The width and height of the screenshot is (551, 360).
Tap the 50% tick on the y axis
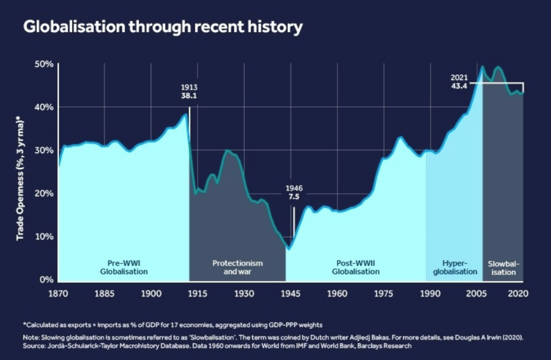(43, 64)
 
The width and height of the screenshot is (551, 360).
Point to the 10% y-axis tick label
(43, 237)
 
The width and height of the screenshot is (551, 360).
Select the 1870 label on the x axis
(58, 293)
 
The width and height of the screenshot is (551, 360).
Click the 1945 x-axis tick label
(291, 293)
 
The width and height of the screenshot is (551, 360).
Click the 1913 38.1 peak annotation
(189, 92)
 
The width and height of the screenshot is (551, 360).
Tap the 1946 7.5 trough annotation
(293, 193)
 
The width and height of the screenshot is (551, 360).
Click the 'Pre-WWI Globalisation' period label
(123, 267)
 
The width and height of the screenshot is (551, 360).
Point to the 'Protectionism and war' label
(238, 267)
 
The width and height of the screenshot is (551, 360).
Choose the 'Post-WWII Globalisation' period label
(355, 267)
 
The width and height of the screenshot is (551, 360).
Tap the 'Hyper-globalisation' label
(455, 267)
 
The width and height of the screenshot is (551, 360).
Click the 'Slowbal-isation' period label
(502, 267)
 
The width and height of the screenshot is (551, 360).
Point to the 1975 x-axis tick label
(384, 293)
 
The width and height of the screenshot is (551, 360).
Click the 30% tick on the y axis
(43, 150)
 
